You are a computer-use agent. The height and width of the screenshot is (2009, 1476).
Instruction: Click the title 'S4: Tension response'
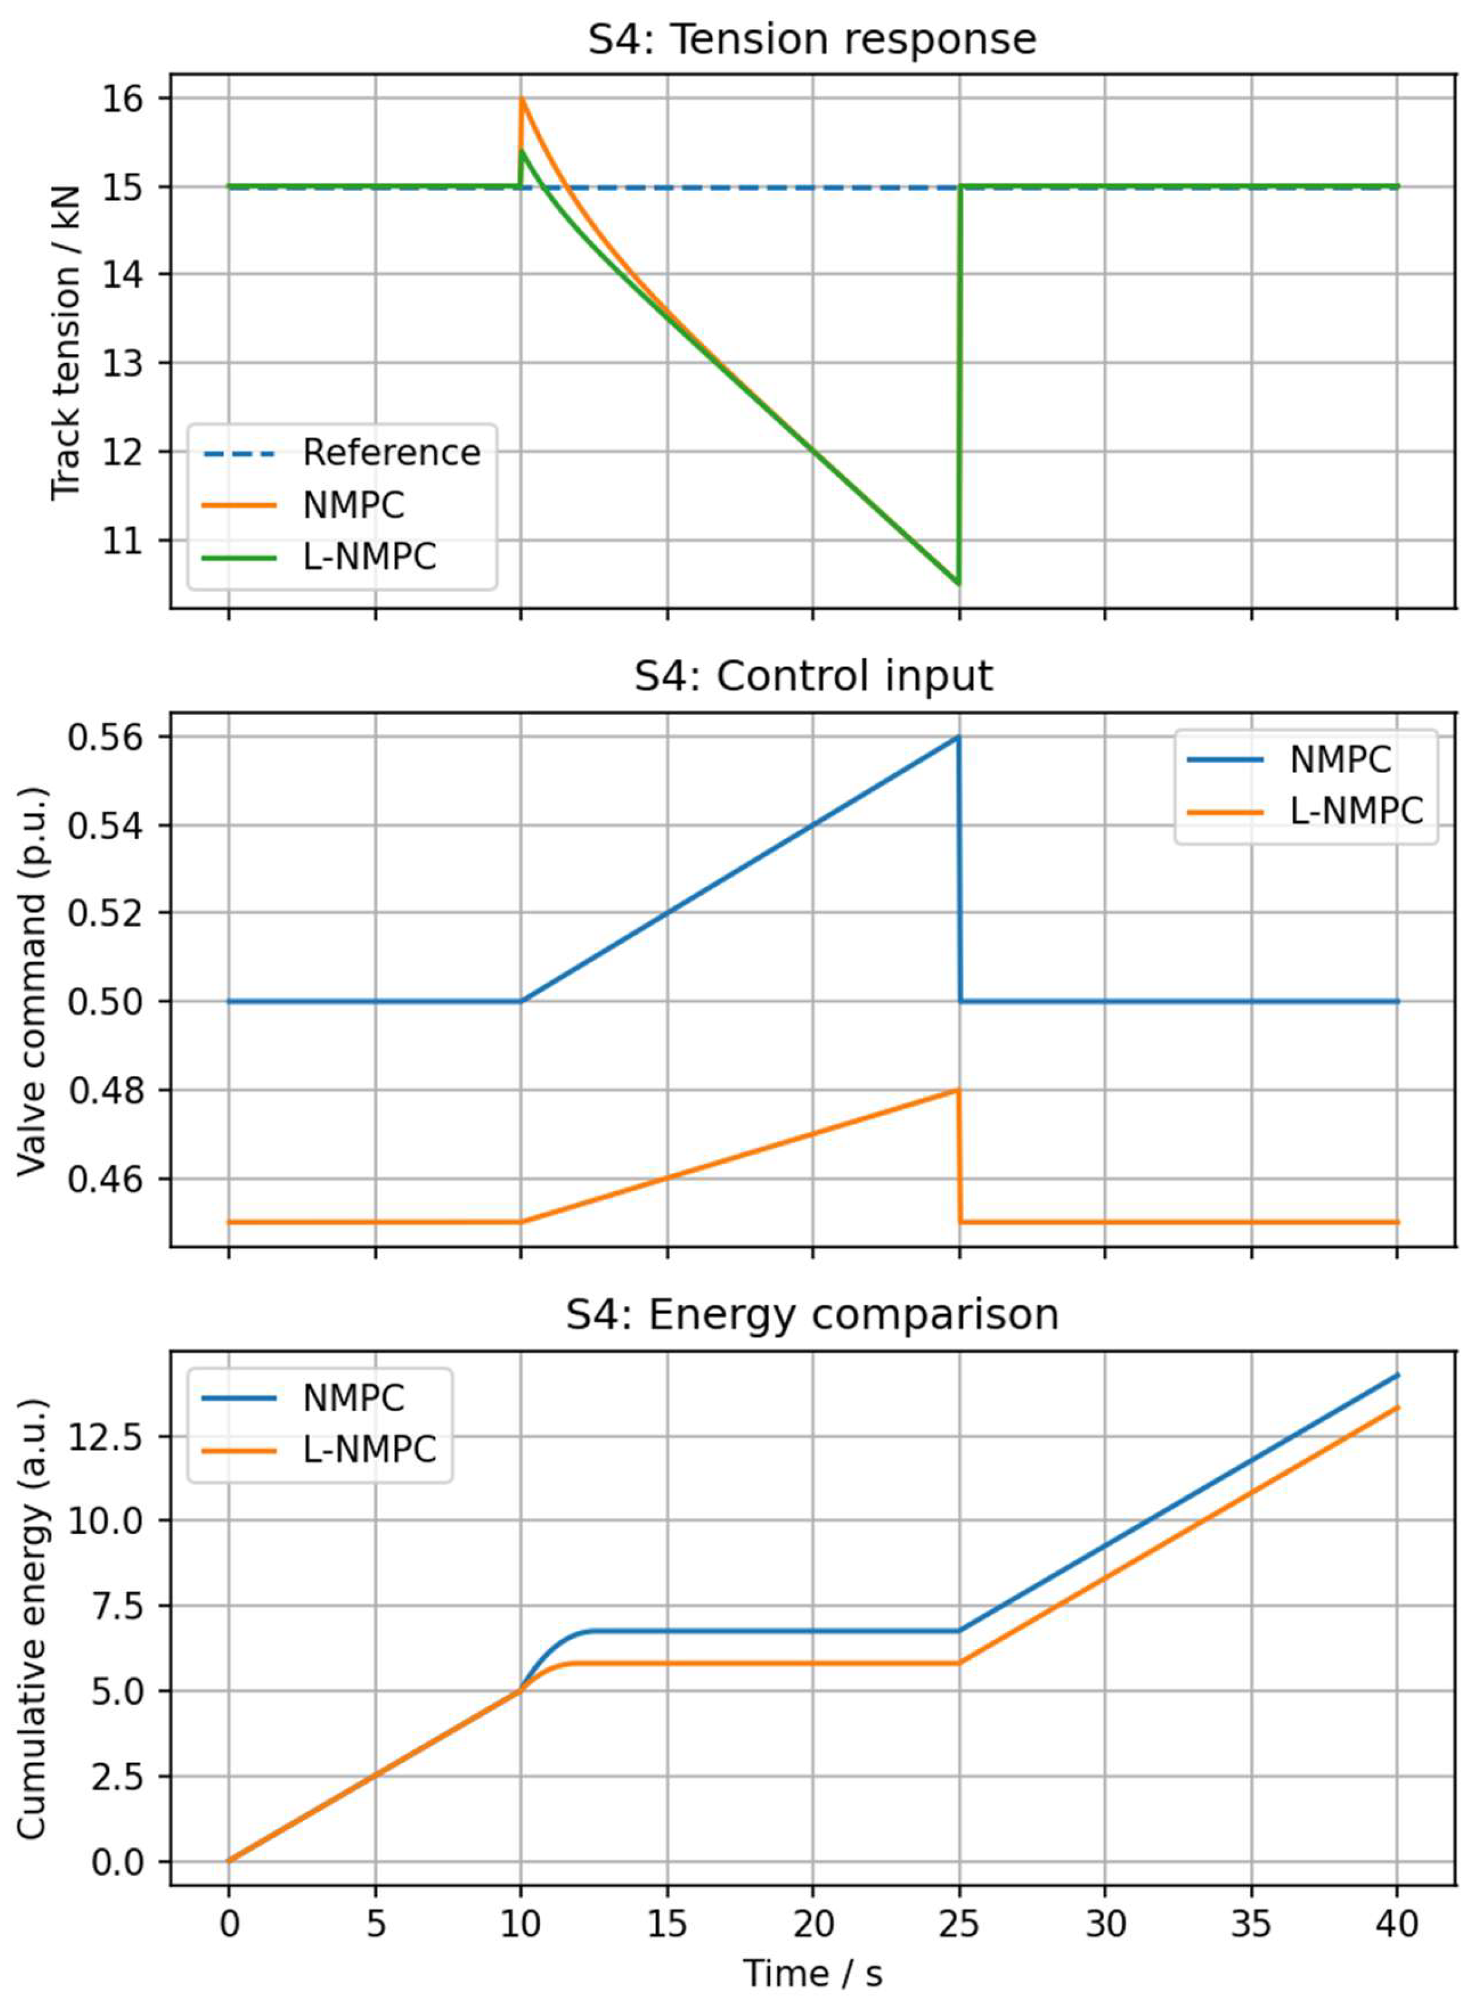[x=811, y=40]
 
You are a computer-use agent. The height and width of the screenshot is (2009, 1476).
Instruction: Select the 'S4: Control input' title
[x=811, y=676]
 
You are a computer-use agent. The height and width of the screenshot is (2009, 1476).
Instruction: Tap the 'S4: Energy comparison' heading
[x=811, y=1315]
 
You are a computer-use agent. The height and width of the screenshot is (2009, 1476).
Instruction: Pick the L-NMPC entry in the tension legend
[x=369, y=557]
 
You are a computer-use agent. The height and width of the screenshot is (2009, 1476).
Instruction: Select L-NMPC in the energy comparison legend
[x=369, y=1450]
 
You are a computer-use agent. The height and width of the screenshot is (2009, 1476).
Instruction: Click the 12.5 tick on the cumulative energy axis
[x=116, y=1437]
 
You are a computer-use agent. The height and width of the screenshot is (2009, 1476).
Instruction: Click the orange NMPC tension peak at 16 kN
[x=522, y=99]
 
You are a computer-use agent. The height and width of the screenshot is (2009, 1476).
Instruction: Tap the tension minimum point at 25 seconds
[x=959, y=584]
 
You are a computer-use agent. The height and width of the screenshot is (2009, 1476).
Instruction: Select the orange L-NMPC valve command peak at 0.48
[x=958, y=1090]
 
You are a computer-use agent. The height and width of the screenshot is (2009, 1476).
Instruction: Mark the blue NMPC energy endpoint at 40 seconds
[x=1397, y=1376]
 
